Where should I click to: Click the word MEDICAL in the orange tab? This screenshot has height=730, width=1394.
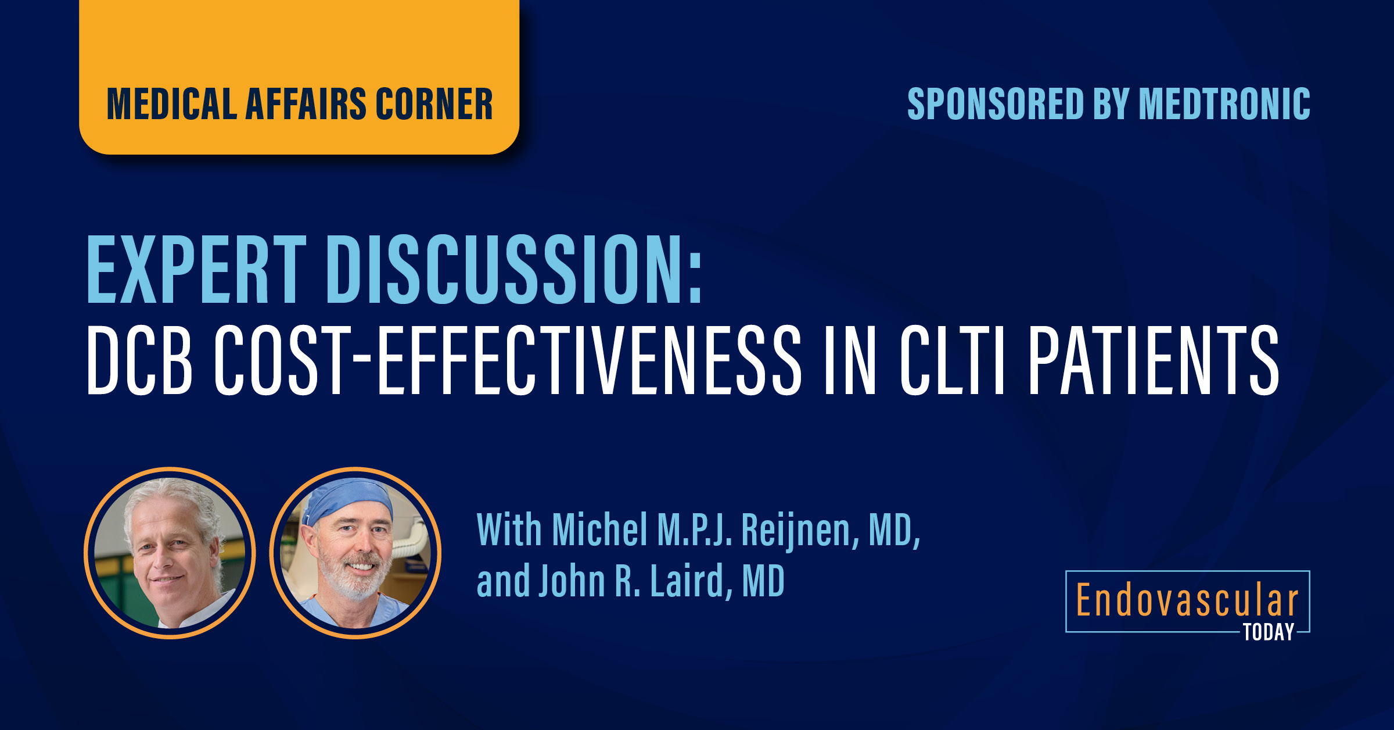coord(172,105)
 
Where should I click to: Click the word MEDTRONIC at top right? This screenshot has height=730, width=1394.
coord(1224,104)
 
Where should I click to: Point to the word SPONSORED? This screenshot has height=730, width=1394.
coord(996,104)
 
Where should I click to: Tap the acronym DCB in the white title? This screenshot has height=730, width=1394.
coord(139,360)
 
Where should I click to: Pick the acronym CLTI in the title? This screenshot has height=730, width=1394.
coord(953,360)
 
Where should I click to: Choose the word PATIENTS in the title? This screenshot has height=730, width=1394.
coord(1154,360)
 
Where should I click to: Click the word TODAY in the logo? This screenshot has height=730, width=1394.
coord(1269,632)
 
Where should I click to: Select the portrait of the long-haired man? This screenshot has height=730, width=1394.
coord(170,553)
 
